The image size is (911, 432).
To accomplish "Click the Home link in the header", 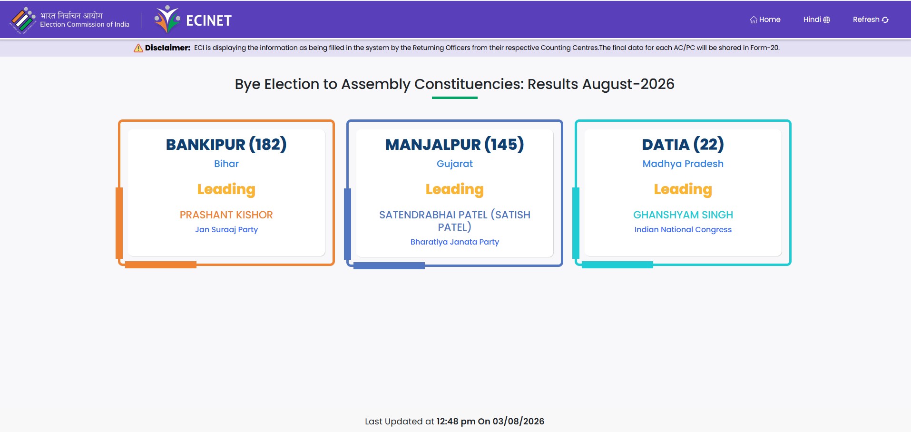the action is coord(765,20).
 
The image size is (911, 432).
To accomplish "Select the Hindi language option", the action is coord(816,20).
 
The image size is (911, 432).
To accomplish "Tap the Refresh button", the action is coord(871,20).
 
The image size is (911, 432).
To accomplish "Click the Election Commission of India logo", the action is coord(23,20).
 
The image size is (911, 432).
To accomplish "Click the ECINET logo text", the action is coord(208,20).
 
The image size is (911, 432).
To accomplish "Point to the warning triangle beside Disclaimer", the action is coord(138,48).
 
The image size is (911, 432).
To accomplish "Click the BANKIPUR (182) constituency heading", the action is coord(226,144).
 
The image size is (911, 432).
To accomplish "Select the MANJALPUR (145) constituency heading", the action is coord(455,144).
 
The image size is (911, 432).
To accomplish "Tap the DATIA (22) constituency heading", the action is coord(683,144).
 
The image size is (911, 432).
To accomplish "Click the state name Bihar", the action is coord(226,164).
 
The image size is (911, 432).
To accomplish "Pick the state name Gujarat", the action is coord(455,164).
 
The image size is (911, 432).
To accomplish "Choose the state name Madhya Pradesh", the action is coord(683,164).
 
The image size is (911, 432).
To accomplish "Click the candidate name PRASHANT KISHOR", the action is coord(226,215).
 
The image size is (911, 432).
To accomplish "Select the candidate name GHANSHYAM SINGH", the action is coord(683,215).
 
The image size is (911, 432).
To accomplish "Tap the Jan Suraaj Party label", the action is coord(226,229).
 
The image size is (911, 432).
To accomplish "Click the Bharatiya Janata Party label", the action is coord(455,242).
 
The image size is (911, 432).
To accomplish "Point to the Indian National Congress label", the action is coord(683,229).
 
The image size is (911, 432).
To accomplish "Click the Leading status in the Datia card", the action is coord(683,189).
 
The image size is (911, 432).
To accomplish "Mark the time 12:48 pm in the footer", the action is coord(456,421).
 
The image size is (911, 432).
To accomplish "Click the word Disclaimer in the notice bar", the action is coord(167,48).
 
